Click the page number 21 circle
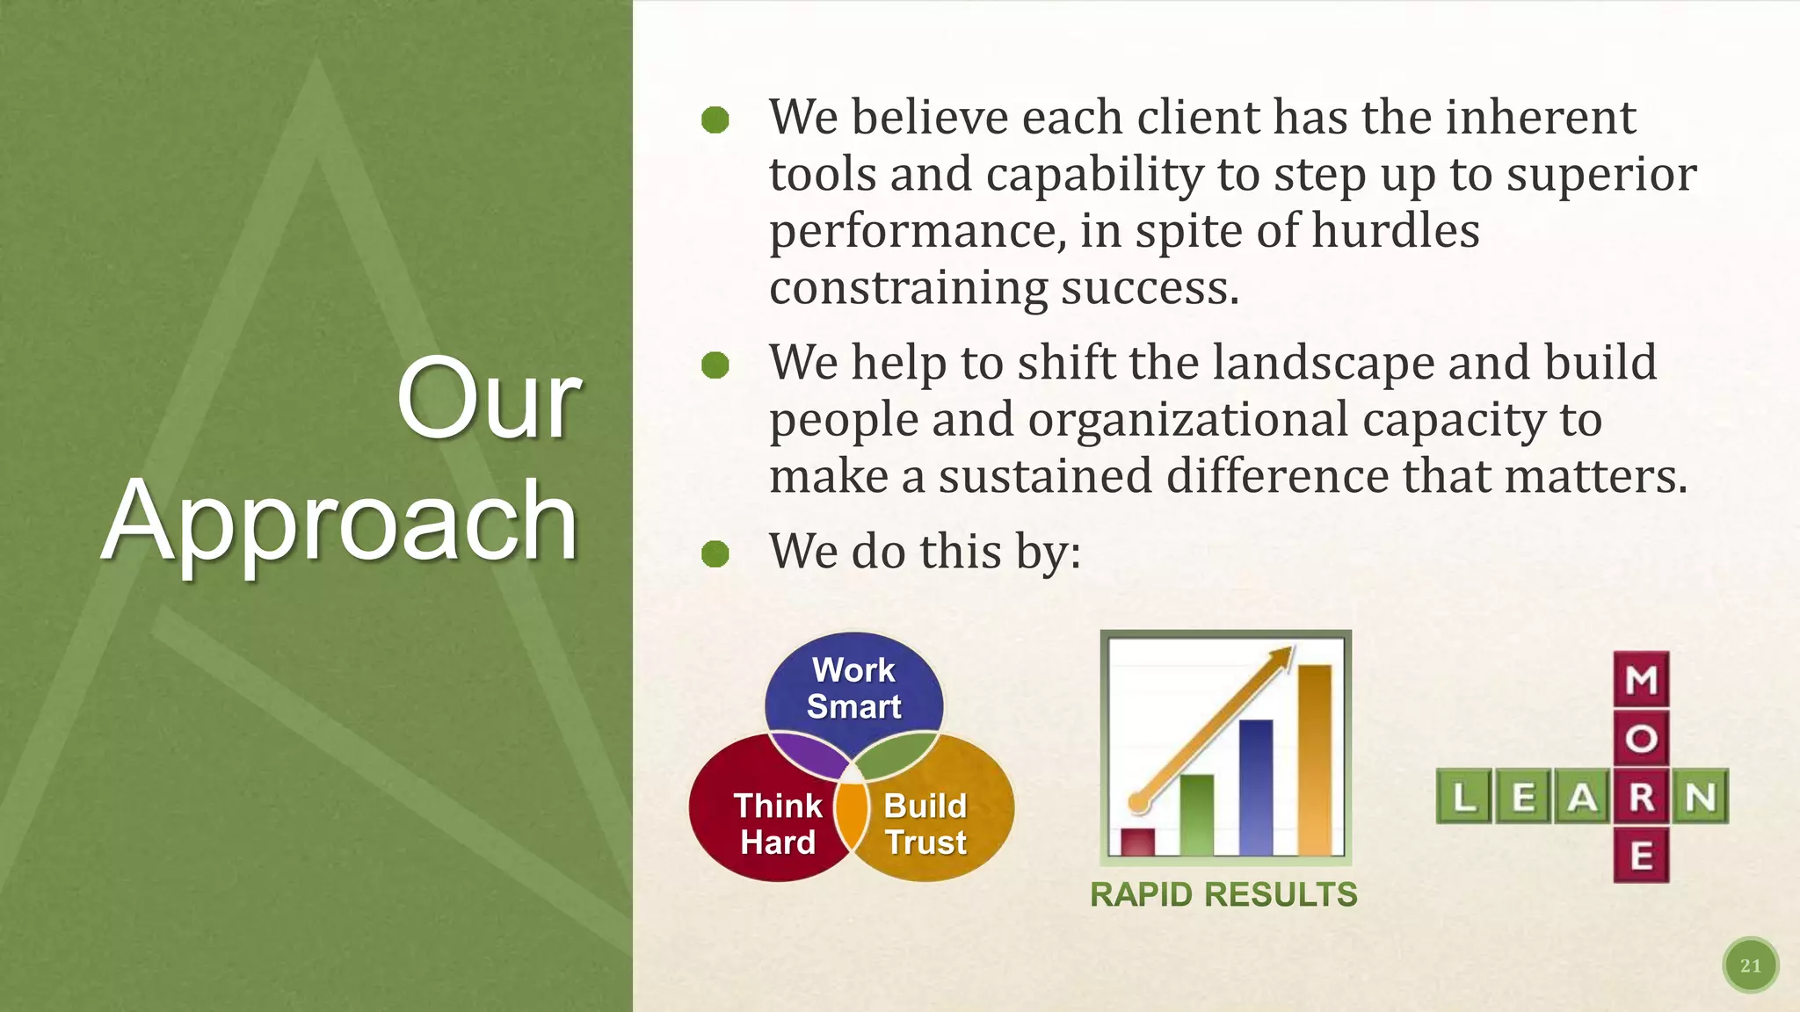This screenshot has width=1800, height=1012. coord(1750,965)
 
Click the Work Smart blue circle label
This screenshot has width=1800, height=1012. coord(853,688)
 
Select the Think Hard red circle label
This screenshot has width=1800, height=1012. coord(778,824)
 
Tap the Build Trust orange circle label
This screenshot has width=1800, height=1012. coord(925,824)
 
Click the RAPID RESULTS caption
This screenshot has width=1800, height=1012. coord(1223,894)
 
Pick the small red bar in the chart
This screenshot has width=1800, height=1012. coord(1138,842)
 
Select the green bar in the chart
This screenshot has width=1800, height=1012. coord(1196,814)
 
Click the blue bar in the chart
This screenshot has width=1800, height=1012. coord(1255,787)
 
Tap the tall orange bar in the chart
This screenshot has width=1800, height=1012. coord(1314,759)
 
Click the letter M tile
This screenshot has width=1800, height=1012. coord(1641,680)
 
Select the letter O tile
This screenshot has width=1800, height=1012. coord(1641,739)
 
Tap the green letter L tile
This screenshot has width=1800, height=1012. coord(1464,797)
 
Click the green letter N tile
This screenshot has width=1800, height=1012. coord(1701,797)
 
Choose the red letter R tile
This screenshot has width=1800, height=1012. coord(1641,797)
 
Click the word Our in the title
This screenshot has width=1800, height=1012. coord(489,401)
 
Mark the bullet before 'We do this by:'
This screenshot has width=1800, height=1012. coord(715,553)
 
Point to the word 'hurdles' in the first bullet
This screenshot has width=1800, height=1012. coord(1396,231)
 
